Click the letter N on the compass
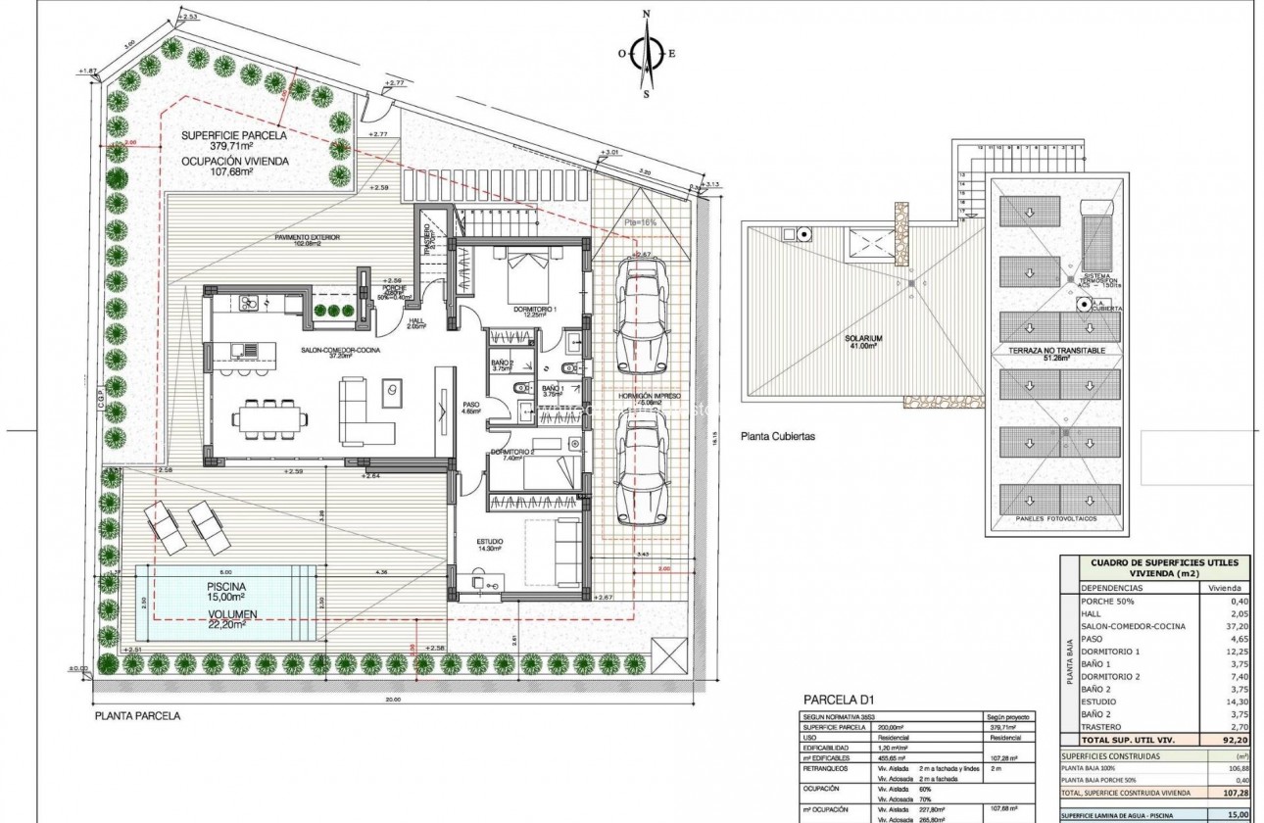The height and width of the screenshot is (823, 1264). pyautogui.click(x=646, y=14)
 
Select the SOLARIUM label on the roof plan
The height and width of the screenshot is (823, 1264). pyautogui.click(x=864, y=339)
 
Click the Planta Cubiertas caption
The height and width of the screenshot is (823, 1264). pyautogui.click(x=779, y=436)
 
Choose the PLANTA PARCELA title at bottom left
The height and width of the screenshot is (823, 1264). pyautogui.click(x=138, y=716)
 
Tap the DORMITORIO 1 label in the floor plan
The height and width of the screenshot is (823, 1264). pyautogui.click(x=535, y=310)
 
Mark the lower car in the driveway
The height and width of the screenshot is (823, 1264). pyautogui.click(x=642, y=468)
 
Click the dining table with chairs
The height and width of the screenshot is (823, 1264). pyautogui.click(x=267, y=418)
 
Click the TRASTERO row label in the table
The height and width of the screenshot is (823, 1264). pyautogui.click(x=1103, y=728)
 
